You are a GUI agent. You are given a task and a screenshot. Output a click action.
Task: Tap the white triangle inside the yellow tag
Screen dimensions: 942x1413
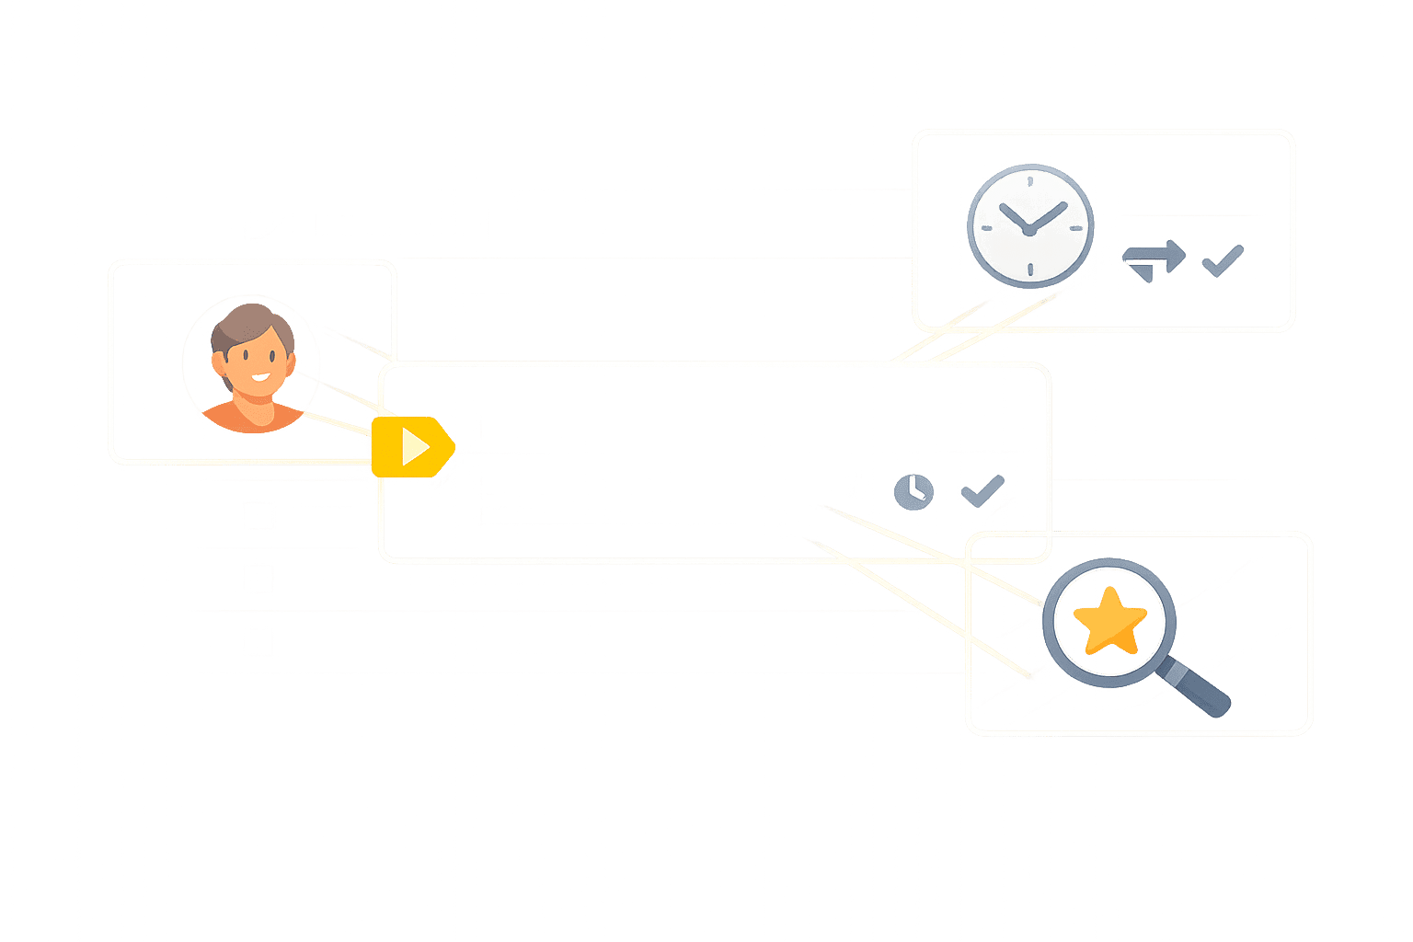coord(415,447)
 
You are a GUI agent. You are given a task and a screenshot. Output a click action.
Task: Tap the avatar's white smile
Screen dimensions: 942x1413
coord(261,376)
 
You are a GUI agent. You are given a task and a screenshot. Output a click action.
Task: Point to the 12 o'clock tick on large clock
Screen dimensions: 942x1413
coord(1030,179)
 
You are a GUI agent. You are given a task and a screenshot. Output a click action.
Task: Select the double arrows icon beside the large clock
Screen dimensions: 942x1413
coord(1154,260)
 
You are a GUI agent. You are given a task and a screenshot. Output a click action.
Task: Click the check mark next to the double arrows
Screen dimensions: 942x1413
coord(1223,260)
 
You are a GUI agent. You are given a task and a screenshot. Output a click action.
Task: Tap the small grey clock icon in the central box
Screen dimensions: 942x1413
coord(913,490)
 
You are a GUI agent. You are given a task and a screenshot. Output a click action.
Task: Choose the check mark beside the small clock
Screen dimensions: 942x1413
coord(982,489)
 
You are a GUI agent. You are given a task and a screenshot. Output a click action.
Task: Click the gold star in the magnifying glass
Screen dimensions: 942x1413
coord(1109,622)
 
